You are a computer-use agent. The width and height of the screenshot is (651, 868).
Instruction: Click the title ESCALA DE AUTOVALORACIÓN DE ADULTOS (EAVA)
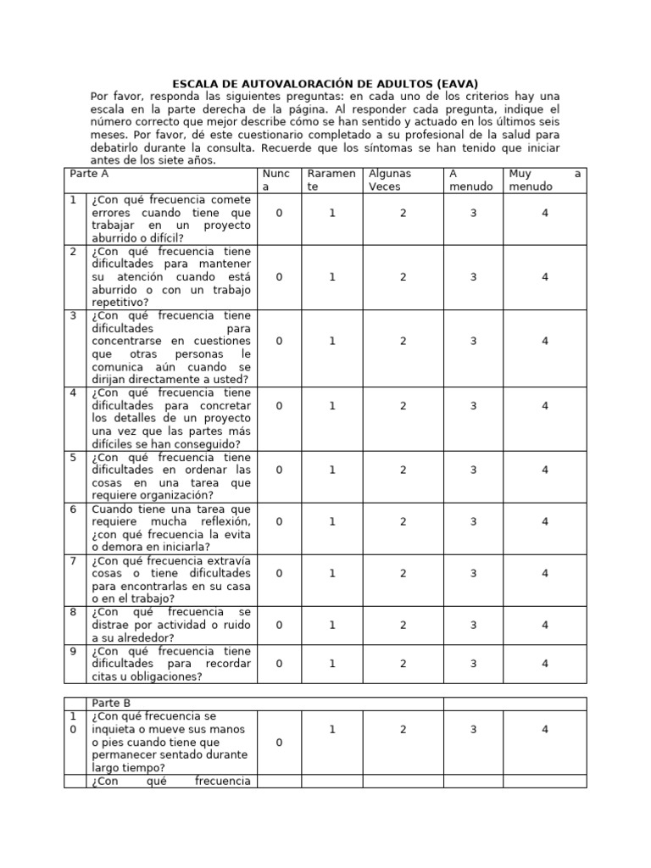325,83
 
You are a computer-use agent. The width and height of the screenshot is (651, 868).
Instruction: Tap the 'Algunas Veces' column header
390,180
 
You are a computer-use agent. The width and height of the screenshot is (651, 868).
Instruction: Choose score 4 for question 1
545,214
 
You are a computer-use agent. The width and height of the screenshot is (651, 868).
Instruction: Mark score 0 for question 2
279,277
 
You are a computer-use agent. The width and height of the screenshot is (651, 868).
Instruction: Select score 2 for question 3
403,341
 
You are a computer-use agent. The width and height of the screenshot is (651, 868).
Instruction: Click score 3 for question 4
473,406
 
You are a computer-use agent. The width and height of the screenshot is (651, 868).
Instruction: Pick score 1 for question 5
332,470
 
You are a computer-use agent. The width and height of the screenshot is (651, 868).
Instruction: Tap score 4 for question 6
545,521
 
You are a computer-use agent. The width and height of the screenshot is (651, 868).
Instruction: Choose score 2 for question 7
403,574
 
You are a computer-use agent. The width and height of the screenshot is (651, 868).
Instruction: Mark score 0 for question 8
279,626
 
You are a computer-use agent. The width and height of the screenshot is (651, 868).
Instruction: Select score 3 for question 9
473,664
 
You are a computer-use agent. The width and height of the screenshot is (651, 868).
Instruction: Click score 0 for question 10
279,743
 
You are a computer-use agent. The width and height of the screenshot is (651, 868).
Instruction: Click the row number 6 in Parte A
74,509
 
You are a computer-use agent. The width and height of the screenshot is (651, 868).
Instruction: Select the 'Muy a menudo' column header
542,180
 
